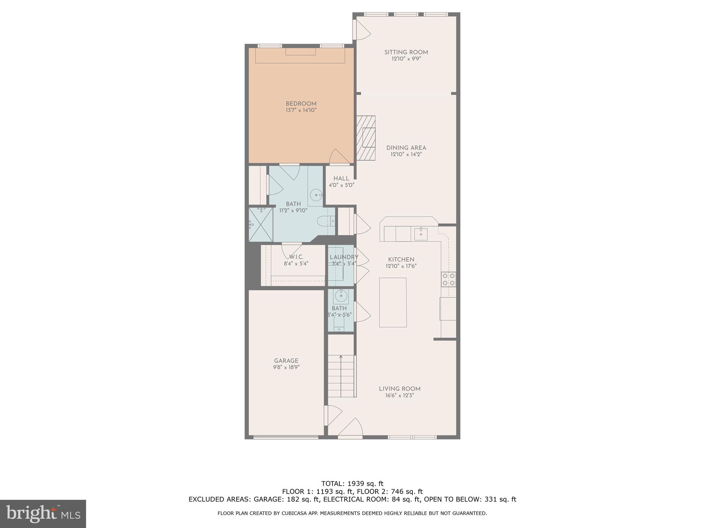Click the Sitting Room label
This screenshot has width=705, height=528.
click(406, 52)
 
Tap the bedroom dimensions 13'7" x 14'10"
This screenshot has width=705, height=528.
click(301, 110)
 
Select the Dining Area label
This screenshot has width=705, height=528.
click(406, 148)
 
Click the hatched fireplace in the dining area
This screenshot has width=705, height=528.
click(366, 137)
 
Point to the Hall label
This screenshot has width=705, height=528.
click(341, 178)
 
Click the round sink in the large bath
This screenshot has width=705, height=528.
click(316, 195)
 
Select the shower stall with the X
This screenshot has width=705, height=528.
click(261, 224)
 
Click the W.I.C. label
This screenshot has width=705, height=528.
click(296, 257)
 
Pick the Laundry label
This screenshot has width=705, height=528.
click(344, 257)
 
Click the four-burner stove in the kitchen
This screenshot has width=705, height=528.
click(449, 279)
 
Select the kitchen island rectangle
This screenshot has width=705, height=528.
click(393, 302)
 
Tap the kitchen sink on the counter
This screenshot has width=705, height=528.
click(421, 234)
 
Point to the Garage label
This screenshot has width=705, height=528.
click(286, 361)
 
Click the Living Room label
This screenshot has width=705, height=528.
click(399, 389)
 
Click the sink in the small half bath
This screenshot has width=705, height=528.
click(341, 295)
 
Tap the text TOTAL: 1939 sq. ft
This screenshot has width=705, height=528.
click(352, 484)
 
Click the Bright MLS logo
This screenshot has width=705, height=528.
click(43, 514)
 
